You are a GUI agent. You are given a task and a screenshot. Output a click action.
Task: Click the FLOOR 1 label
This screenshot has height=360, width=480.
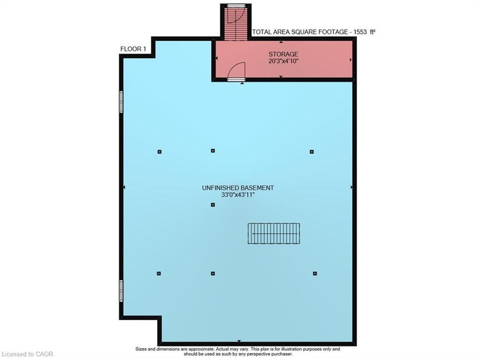(x=134, y=49)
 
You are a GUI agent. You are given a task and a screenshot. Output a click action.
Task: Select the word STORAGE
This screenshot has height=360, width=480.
(x=283, y=54)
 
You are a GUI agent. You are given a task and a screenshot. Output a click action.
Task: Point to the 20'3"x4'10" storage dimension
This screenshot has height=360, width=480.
(x=283, y=61)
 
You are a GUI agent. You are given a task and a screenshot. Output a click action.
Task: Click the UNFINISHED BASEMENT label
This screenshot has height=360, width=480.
(x=238, y=187)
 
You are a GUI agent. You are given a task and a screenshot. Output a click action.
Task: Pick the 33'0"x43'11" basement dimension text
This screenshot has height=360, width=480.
(x=238, y=195)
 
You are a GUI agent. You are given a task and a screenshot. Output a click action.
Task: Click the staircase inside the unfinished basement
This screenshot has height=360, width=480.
(x=274, y=233)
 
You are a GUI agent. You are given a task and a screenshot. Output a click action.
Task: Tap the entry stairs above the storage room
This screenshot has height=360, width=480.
(x=236, y=22)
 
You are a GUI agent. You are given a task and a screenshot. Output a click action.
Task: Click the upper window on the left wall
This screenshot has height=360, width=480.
(x=121, y=102)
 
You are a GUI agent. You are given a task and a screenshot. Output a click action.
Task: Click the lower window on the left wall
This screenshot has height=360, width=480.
(x=121, y=291)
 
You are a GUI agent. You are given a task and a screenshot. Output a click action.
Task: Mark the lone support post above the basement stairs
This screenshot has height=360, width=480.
(x=213, y=205)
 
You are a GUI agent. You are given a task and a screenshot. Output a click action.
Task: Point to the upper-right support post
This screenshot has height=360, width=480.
(x=312, y=152)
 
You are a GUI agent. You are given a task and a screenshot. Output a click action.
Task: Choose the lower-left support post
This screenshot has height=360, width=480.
(x=159, y=273)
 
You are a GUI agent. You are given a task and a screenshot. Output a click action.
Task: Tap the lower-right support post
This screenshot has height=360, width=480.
(x=315, y=273)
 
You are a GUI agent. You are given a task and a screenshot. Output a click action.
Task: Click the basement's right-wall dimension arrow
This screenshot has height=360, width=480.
(x=352, y=187)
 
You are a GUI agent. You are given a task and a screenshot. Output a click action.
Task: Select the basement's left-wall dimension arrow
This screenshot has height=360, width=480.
(x=124, y=187)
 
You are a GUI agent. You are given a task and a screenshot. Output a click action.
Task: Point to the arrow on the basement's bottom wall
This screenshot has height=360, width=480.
(x=239, y=341)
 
